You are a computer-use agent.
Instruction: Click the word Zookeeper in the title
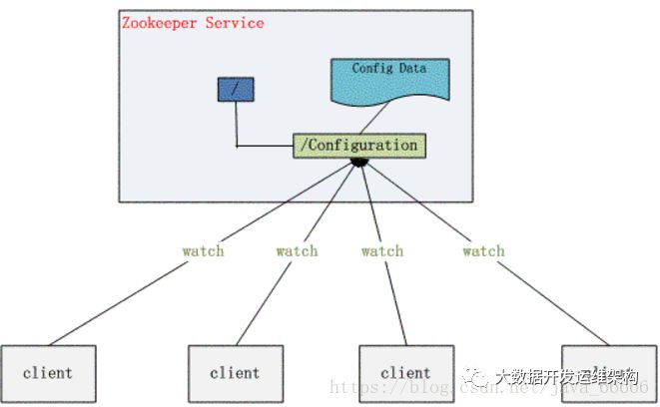tap(160, 22)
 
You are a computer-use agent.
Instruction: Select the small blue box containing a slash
tap(236, 90)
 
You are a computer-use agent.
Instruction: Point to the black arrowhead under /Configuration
tap(360, 162)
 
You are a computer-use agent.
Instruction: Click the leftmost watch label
tap(203, 250)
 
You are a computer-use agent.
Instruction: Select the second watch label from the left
tap(297, 250)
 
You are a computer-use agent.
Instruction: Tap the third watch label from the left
tap(381, 250)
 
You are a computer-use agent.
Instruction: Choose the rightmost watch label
tap(483, 250)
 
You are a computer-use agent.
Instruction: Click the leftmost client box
tap(48, 373)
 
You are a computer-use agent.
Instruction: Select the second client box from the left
tap(236, 373)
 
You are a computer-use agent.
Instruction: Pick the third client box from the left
tap(406, 373)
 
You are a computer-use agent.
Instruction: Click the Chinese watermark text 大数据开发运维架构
tap(566, 376)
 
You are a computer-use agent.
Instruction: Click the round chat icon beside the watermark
tap(476, 377)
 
